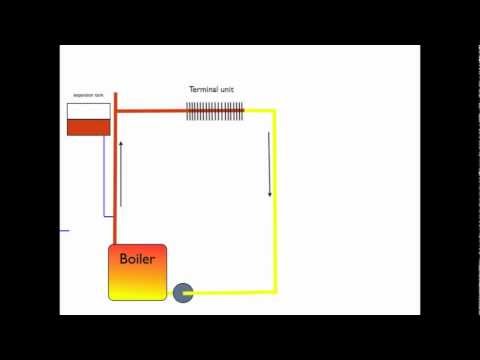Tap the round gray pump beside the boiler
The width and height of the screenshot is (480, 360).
(183, 292)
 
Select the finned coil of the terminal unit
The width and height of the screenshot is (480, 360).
(217, 111)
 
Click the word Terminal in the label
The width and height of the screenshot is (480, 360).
(204, 89)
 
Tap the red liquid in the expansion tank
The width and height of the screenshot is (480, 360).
(88, 128)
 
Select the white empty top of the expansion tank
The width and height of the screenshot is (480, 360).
(88, 110)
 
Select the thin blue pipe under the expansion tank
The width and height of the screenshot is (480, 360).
(103, 176)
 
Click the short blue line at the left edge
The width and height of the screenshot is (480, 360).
(64, 230)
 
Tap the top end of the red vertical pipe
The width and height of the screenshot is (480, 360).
(116, 95)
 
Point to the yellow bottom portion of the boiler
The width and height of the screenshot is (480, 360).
(137, 288)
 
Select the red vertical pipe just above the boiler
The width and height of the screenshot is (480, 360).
(116, 225)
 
